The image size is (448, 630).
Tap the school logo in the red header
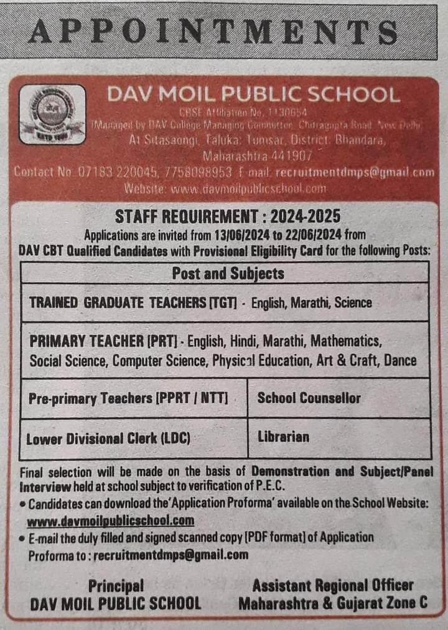click(x=52, y=114)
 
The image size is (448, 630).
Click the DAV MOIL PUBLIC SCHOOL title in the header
click(x=253, y=95)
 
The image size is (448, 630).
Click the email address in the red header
click(x=354, y=172)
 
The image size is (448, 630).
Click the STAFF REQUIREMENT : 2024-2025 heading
click(x=228, y=216)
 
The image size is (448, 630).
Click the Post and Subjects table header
click(x=228, y=273)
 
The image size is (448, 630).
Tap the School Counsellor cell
click(x=309, y=398)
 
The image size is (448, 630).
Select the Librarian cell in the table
click(x=283, y=437)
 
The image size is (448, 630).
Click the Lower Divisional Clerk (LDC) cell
click(x=108, y=438)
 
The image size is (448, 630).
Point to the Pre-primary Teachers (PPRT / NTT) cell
click(x=128, y=398)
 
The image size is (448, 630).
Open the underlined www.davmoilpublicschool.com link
click(x=111, y=521)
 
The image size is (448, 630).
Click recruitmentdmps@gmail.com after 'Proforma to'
click(x=170, y=555)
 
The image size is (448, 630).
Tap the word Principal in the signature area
click(x=116, y=586)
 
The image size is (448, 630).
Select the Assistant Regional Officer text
click(x=333, y=586)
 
